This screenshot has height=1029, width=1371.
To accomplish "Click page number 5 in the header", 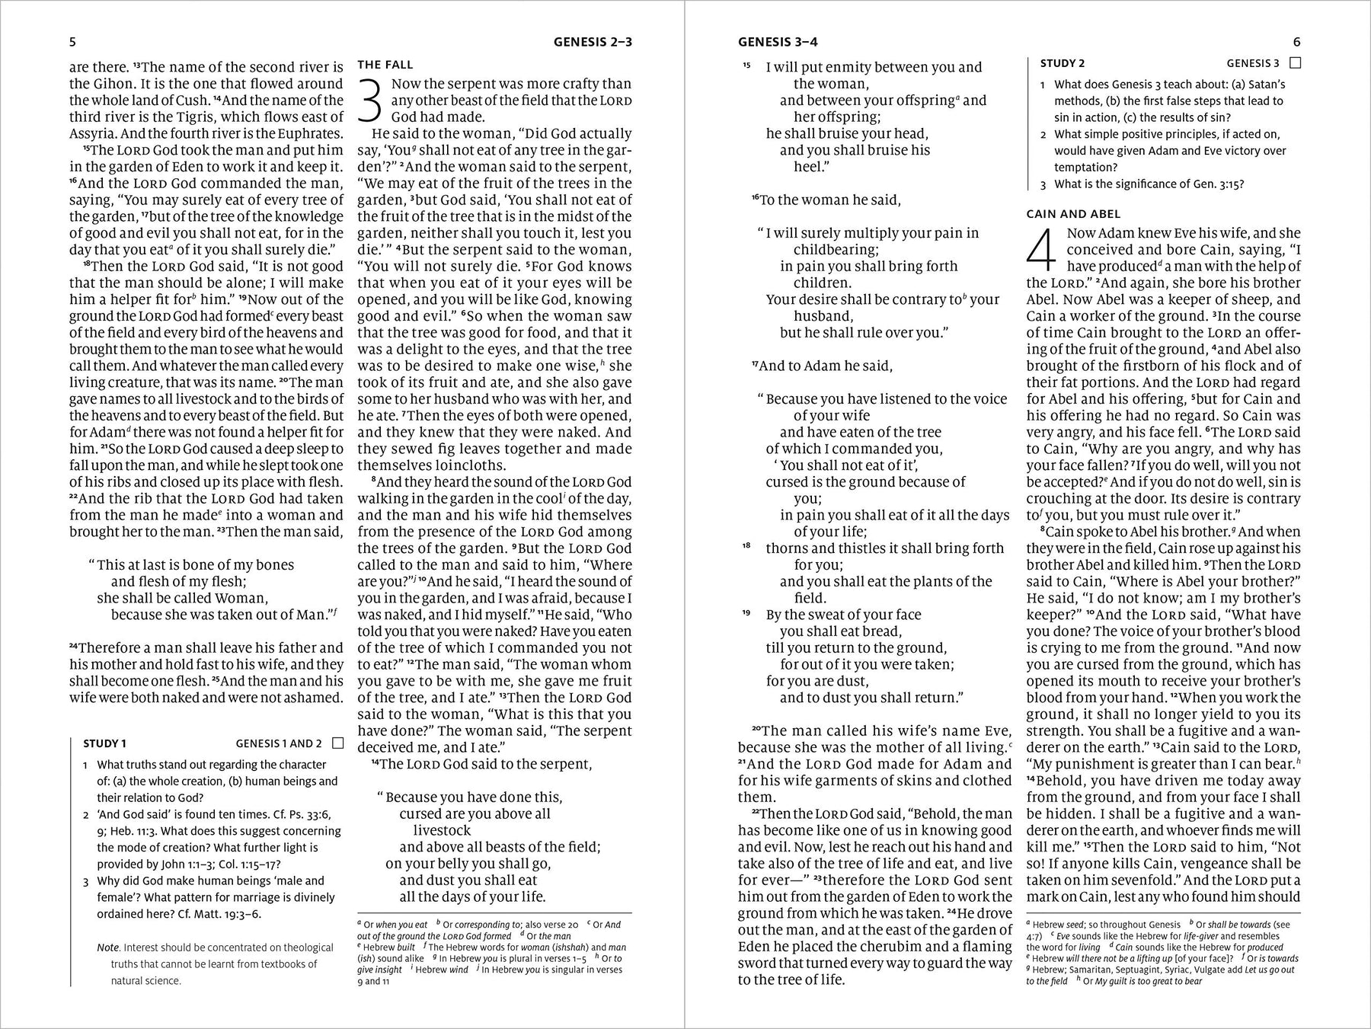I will (72, 43).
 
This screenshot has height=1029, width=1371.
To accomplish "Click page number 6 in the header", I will (1297, 43).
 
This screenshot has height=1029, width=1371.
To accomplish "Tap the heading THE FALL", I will (385, 66).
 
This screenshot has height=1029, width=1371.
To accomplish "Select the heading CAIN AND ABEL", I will (1073, 215).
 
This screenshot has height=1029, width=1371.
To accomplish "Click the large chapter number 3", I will (370, 100).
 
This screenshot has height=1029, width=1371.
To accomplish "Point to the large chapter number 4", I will (1042, 250).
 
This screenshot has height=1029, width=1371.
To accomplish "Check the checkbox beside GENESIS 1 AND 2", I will (338, 743).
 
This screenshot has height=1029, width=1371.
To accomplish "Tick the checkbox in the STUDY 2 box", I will (1296, 63).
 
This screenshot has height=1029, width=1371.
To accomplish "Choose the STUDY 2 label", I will (1063, 63).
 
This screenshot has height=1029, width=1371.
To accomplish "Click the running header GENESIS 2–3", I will (593, 43).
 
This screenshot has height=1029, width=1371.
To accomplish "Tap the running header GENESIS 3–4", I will (778, 43).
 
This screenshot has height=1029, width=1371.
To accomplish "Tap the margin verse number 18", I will (747, 547).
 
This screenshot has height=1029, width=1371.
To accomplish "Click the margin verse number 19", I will (747, 613).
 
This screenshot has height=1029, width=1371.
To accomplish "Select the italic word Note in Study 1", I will (108, 948).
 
